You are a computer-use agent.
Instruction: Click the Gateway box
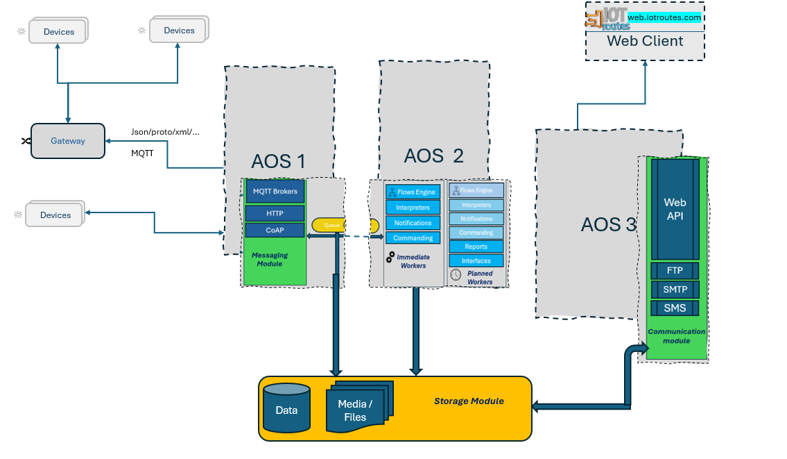click(x=68, y=141)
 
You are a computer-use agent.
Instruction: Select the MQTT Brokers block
click(x=275, y=192)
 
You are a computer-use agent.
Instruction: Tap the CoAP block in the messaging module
click(x=275, y=230)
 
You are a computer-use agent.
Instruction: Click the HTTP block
click(x=275, y=213)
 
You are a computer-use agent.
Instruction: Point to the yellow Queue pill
click(x=329, y=225)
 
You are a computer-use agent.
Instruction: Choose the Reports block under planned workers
click(x=476, y=247)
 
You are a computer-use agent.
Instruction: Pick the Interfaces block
click(x=476, y=261)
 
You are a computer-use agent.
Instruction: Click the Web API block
click(x=675, y=208)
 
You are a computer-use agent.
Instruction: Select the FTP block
click(x=675, y=271)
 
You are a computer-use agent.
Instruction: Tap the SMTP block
click(x=675, y=290)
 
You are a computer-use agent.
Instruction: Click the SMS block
click(x=675, y=308)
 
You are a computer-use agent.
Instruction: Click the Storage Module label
click(x=469, y=401)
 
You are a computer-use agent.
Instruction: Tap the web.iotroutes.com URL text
click(x=664, y=17)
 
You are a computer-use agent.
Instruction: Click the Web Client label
click(x=645, y=41)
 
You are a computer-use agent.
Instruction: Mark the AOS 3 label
click(x=608, y=225)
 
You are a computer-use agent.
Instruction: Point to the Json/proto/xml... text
click(x=165, y=131)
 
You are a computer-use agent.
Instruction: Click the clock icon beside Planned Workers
click(x=456, y=275)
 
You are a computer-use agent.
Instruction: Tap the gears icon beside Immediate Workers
click(x=390, y=258)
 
